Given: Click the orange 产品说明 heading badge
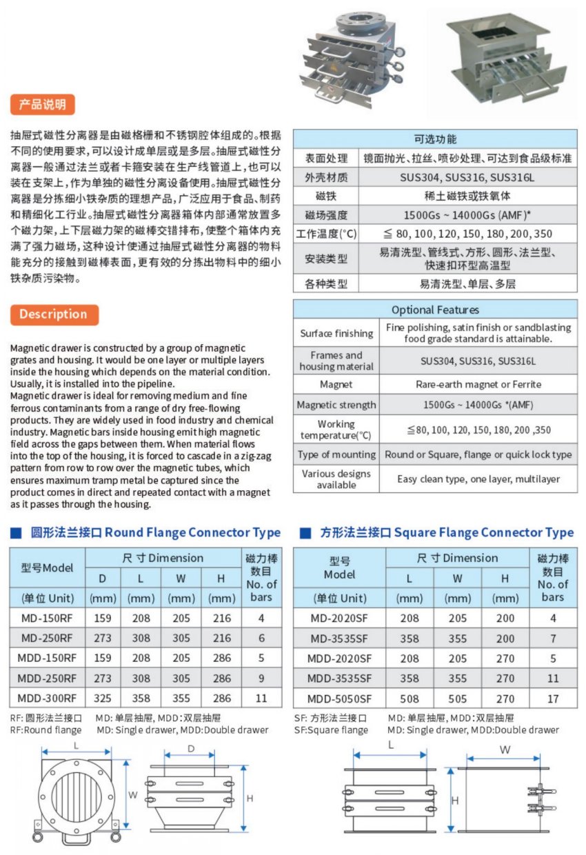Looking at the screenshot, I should tap(43, 105).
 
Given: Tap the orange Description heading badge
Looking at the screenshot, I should tap(53, 314).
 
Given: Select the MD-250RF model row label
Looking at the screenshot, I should tap(48, 638).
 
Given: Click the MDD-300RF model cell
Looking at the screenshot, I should tap(48, 698).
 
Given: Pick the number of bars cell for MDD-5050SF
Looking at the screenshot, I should tap(552, 698).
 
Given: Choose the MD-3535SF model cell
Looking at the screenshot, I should tap(339, 638).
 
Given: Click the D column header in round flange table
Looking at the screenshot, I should tap(102, 577).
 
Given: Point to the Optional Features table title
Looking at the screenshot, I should tap(435, 310).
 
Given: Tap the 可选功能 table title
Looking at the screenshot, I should tap(435, 139).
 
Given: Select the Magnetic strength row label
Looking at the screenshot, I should tap(336, 405).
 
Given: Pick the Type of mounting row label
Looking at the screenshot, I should tap(336, 454).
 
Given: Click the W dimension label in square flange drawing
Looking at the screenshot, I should tap(505, 748).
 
